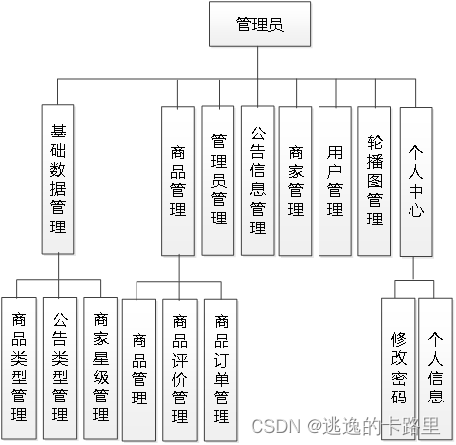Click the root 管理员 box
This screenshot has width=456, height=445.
coord(259,24)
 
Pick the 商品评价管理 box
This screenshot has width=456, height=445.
coord(180,369)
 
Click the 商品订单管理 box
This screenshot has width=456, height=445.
coord(221,369)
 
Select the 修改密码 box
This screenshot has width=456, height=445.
coord(398,366)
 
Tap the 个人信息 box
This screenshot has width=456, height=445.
coord(436,366)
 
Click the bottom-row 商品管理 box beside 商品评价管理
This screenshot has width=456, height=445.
coord(138,369)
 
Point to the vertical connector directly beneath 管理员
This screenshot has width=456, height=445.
coord(259,61)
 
